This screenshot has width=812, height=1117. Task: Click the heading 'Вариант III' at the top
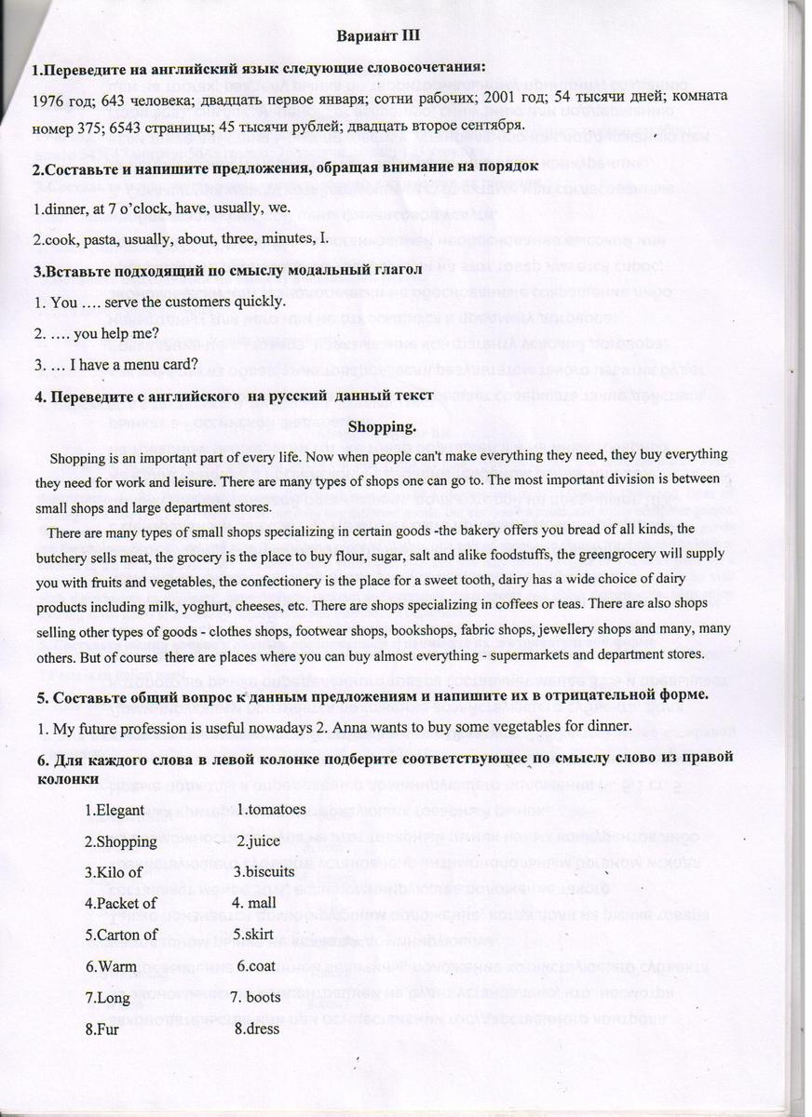click(x=378, y=34)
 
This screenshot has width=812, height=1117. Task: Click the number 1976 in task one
click(x=47, y=98)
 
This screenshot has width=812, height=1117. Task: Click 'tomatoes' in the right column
click(x=275, y=809)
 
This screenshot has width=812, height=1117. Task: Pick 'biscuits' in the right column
click(x=270, y=872)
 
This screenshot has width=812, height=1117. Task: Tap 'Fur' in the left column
click(x=104, y=1029)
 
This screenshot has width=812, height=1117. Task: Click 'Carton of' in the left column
click(x=124, y=934)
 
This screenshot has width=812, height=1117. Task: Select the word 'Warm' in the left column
click(x=112, y=965)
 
